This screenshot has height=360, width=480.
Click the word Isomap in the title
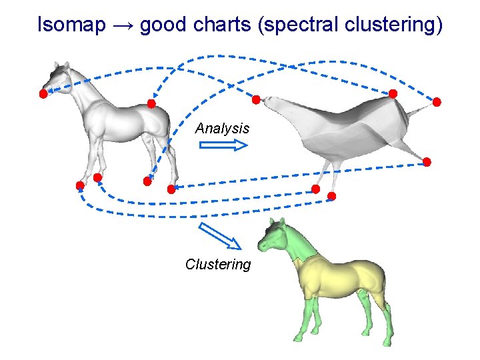pyautogui.click(x=71, y=25)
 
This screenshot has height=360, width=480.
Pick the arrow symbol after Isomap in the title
pyautogui.click(x=123, y=26)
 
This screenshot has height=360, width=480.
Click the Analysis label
pyautogui.click(x=222, y=128)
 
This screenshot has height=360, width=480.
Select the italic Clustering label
pyautogui.click(x=218, y=265)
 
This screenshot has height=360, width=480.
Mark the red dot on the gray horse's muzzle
pyautogui.click(x=43, y=94)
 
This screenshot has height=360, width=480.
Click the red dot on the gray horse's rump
pyautogui.click(x=151, y=104)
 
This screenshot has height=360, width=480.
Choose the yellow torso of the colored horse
pyautogui.click(x=340, y=273)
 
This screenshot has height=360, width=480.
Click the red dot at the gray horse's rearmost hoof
pyautogui.click(x=171, y=189)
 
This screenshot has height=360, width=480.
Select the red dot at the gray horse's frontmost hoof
pyautogui.click(x=80, y=185)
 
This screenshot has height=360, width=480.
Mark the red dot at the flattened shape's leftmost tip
pyautogui.click(x=256, y=99)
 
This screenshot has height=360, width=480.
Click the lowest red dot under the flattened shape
pyautogui.click(x=332, y=196)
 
